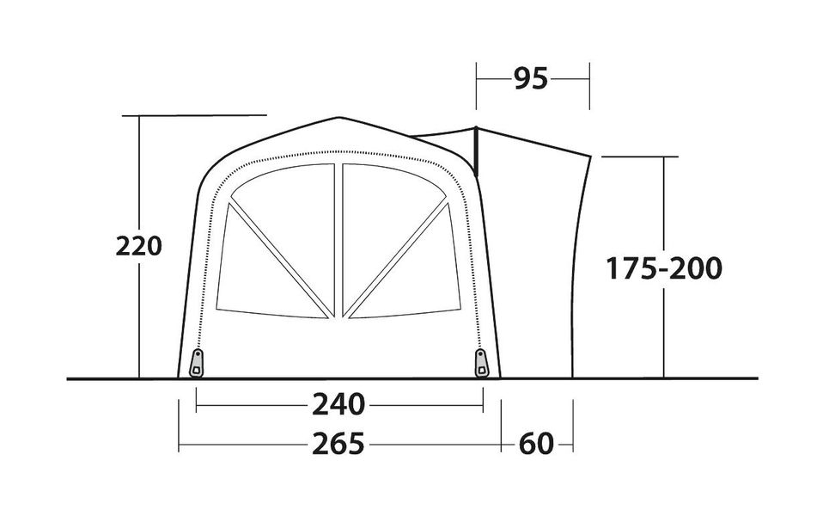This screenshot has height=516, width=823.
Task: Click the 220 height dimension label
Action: click(138, 246)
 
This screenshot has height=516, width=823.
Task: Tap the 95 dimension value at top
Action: click(531, 79)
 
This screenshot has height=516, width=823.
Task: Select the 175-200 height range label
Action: click(664, 268)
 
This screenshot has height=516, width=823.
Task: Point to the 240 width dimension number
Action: click(338, 404)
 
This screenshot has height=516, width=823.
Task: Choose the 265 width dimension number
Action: click(338, 444)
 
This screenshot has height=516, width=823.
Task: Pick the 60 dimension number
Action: click(536, 444)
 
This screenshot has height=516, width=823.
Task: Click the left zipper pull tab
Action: click(197, 363)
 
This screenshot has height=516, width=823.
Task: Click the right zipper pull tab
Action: click(481, 363)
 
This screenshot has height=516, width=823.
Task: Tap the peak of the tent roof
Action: click(339, 118)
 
